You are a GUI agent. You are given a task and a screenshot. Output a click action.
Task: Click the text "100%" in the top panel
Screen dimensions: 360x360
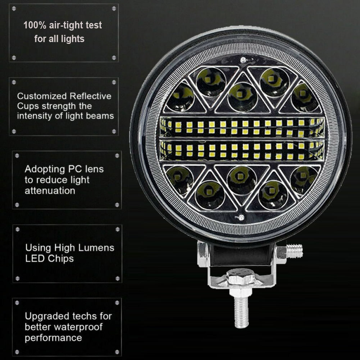[x=35, y=25]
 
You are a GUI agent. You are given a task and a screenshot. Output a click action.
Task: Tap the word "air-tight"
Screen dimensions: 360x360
[x=66, y=25]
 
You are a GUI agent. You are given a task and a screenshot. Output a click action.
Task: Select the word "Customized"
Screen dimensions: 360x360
[x=42, y=96]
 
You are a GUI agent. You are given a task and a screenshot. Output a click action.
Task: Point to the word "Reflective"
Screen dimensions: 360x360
[x=91, y=96]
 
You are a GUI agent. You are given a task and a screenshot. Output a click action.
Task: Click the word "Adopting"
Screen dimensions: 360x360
[x=45, y=169]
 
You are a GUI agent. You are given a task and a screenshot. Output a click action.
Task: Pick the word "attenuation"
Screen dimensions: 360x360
[x=50, y=191]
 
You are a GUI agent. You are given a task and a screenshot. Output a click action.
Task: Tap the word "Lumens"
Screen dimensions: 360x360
[x=96, y=248]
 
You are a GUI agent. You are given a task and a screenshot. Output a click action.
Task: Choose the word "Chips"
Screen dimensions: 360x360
[x=61, y=259]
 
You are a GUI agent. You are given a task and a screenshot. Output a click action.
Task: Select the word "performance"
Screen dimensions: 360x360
[x=53, y=338]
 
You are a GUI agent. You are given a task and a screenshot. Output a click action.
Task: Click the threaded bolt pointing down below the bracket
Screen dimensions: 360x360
[x=241, y=310]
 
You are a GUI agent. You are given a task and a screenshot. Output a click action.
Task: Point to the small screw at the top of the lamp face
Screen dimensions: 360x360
[x=243, y=60]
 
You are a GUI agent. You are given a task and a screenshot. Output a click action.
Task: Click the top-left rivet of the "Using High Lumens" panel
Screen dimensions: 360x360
[x=18, y=229]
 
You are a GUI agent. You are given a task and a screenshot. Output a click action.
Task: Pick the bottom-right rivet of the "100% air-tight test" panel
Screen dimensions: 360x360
[x=114, y=58]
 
